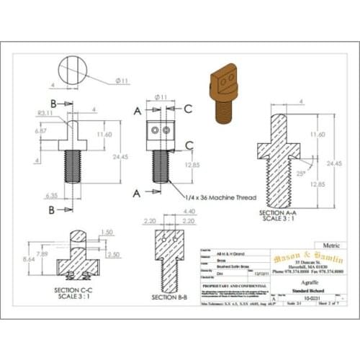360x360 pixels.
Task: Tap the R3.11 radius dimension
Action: pos(45,113)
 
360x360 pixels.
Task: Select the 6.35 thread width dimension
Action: pos(50,194)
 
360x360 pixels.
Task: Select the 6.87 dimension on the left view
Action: pos(40,132)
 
